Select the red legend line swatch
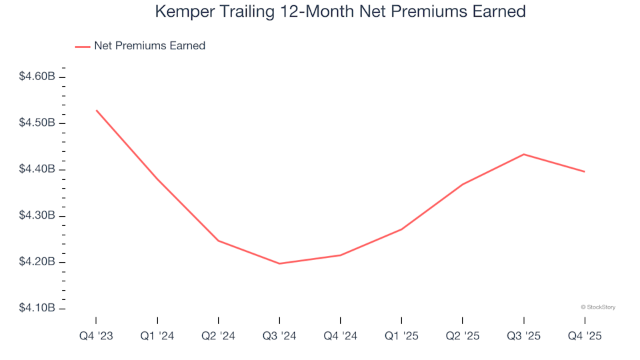[x=83, y=46]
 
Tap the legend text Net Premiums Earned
[x=149, y=46]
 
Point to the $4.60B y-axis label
[x=37, y=77]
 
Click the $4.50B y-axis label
[x=37, y=123]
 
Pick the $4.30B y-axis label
[x=37, y=216]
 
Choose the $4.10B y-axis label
[x=37, y=309]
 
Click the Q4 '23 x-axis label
[x=95, y=336]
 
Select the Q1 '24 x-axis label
[x=157, y=336]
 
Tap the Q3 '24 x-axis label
[x=279, y=336]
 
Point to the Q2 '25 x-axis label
[x=463, y=336]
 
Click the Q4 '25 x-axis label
[x=585, y=336]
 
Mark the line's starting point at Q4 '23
[x=96, y=110]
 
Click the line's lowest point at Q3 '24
[x=279, y=263]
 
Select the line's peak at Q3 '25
[x=524, y=154]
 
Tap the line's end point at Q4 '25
[x=585, y=171]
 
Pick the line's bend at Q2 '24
[x=219, y=241]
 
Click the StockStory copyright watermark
[x=598, y=307]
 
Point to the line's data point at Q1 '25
[x=401, y=229]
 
